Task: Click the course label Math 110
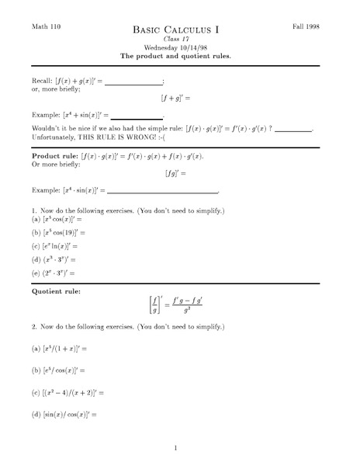[43, 26]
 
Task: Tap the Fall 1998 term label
[305, 26]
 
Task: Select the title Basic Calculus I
[175, 30]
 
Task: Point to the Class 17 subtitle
[175, 39]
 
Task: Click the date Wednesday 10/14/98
[175, 47]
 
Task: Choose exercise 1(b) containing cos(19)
[60, 232]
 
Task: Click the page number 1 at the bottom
[176, 447]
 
